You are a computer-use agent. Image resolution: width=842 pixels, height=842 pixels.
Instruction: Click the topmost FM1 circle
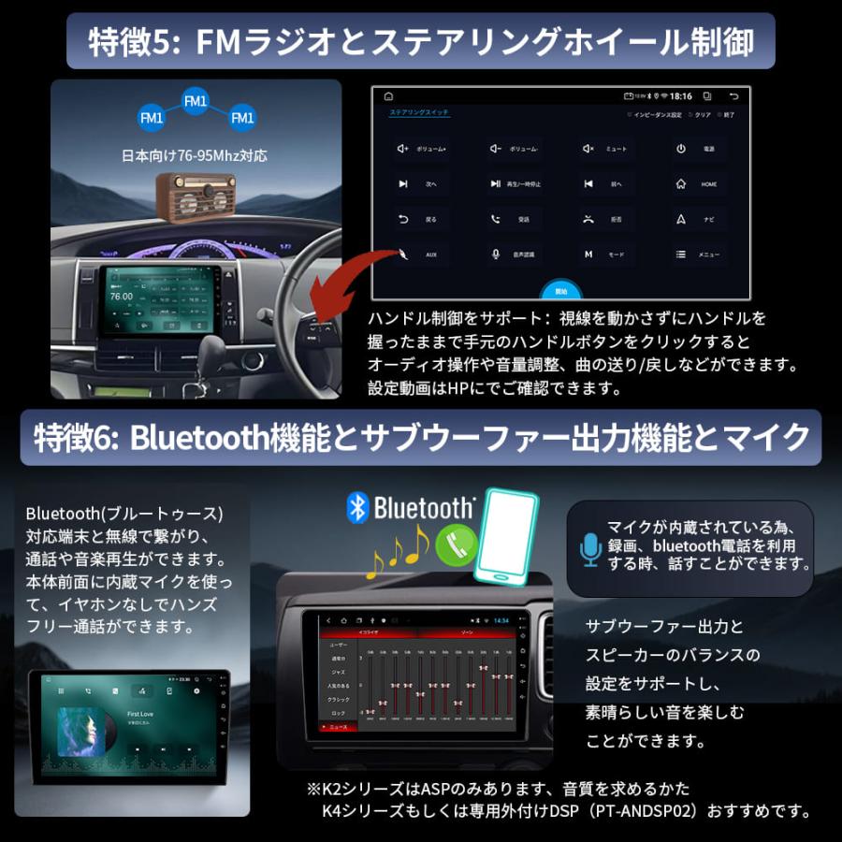[x=195, y=100]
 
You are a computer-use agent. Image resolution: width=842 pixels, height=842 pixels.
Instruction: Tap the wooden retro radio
[x=196, y=196]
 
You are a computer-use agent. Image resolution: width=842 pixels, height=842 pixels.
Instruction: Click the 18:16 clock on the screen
[x=680, y=96]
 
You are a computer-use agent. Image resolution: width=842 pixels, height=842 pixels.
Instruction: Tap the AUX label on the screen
[x=430, y=254]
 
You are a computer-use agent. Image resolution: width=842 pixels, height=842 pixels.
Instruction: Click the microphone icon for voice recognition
[x=496, y=254]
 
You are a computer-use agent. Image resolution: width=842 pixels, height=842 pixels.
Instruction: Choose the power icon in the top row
[x=681, y=149]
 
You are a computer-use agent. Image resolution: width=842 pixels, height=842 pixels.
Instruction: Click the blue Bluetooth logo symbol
[x=356, y=507]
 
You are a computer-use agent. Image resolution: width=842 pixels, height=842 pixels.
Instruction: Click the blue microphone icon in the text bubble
[x=589, y=549]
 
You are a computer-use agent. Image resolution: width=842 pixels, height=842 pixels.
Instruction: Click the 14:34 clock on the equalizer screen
[x=501, y=620]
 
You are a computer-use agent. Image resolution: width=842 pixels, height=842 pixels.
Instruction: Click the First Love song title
[x=140, y=713]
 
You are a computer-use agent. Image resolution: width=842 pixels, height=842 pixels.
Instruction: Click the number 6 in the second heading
[x=105, y=436]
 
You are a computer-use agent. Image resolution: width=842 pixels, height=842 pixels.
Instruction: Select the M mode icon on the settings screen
[x=588, y=254]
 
